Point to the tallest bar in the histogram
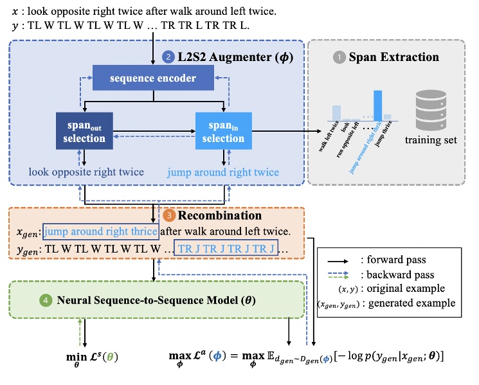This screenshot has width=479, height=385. (377, 103)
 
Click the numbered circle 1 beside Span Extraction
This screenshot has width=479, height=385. (338, 57)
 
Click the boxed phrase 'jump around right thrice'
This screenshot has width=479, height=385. (100, 231)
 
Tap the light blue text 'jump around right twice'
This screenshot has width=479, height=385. (223, 172)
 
